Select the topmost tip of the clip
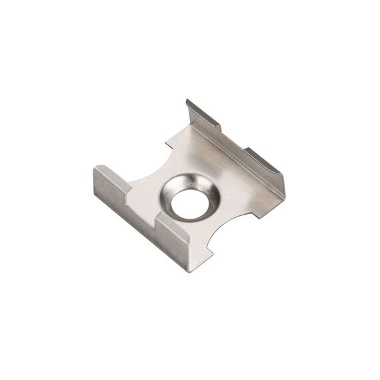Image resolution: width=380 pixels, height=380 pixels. (x=188, y=100)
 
